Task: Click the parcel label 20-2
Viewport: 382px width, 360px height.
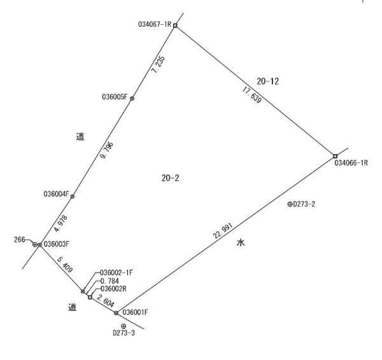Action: click(170, 178)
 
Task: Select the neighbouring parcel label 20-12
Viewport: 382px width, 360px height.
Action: click(267, 81)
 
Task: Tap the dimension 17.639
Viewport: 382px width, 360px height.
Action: click(252, 95)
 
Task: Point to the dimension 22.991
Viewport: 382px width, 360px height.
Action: click(223, 231)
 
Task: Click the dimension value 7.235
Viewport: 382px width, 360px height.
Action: click(158, 64)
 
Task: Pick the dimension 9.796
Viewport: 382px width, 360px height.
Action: click(107, 150)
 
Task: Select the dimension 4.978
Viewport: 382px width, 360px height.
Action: click(60, 223)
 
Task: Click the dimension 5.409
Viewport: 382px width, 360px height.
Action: click(65, 264)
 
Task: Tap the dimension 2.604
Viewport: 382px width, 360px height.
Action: click(106, 301)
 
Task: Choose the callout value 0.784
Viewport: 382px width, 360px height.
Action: click(110, 281)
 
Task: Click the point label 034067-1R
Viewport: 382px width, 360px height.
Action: click(155, 24)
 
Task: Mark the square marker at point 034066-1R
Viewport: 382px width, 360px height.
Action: click(336, 156)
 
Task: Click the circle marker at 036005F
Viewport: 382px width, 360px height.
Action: click(132, 99)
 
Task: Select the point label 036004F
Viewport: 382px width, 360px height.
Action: click(57, 194)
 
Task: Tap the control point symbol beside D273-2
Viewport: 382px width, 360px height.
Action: click(290, 205)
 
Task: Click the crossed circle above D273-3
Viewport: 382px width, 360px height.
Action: click(124, 326)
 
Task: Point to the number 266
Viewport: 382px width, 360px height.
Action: click(20, 240)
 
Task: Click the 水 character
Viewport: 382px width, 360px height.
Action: click(241, 243)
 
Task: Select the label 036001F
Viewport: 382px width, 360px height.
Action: click(135, 312)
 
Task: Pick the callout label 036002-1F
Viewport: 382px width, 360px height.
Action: click(117, 273)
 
